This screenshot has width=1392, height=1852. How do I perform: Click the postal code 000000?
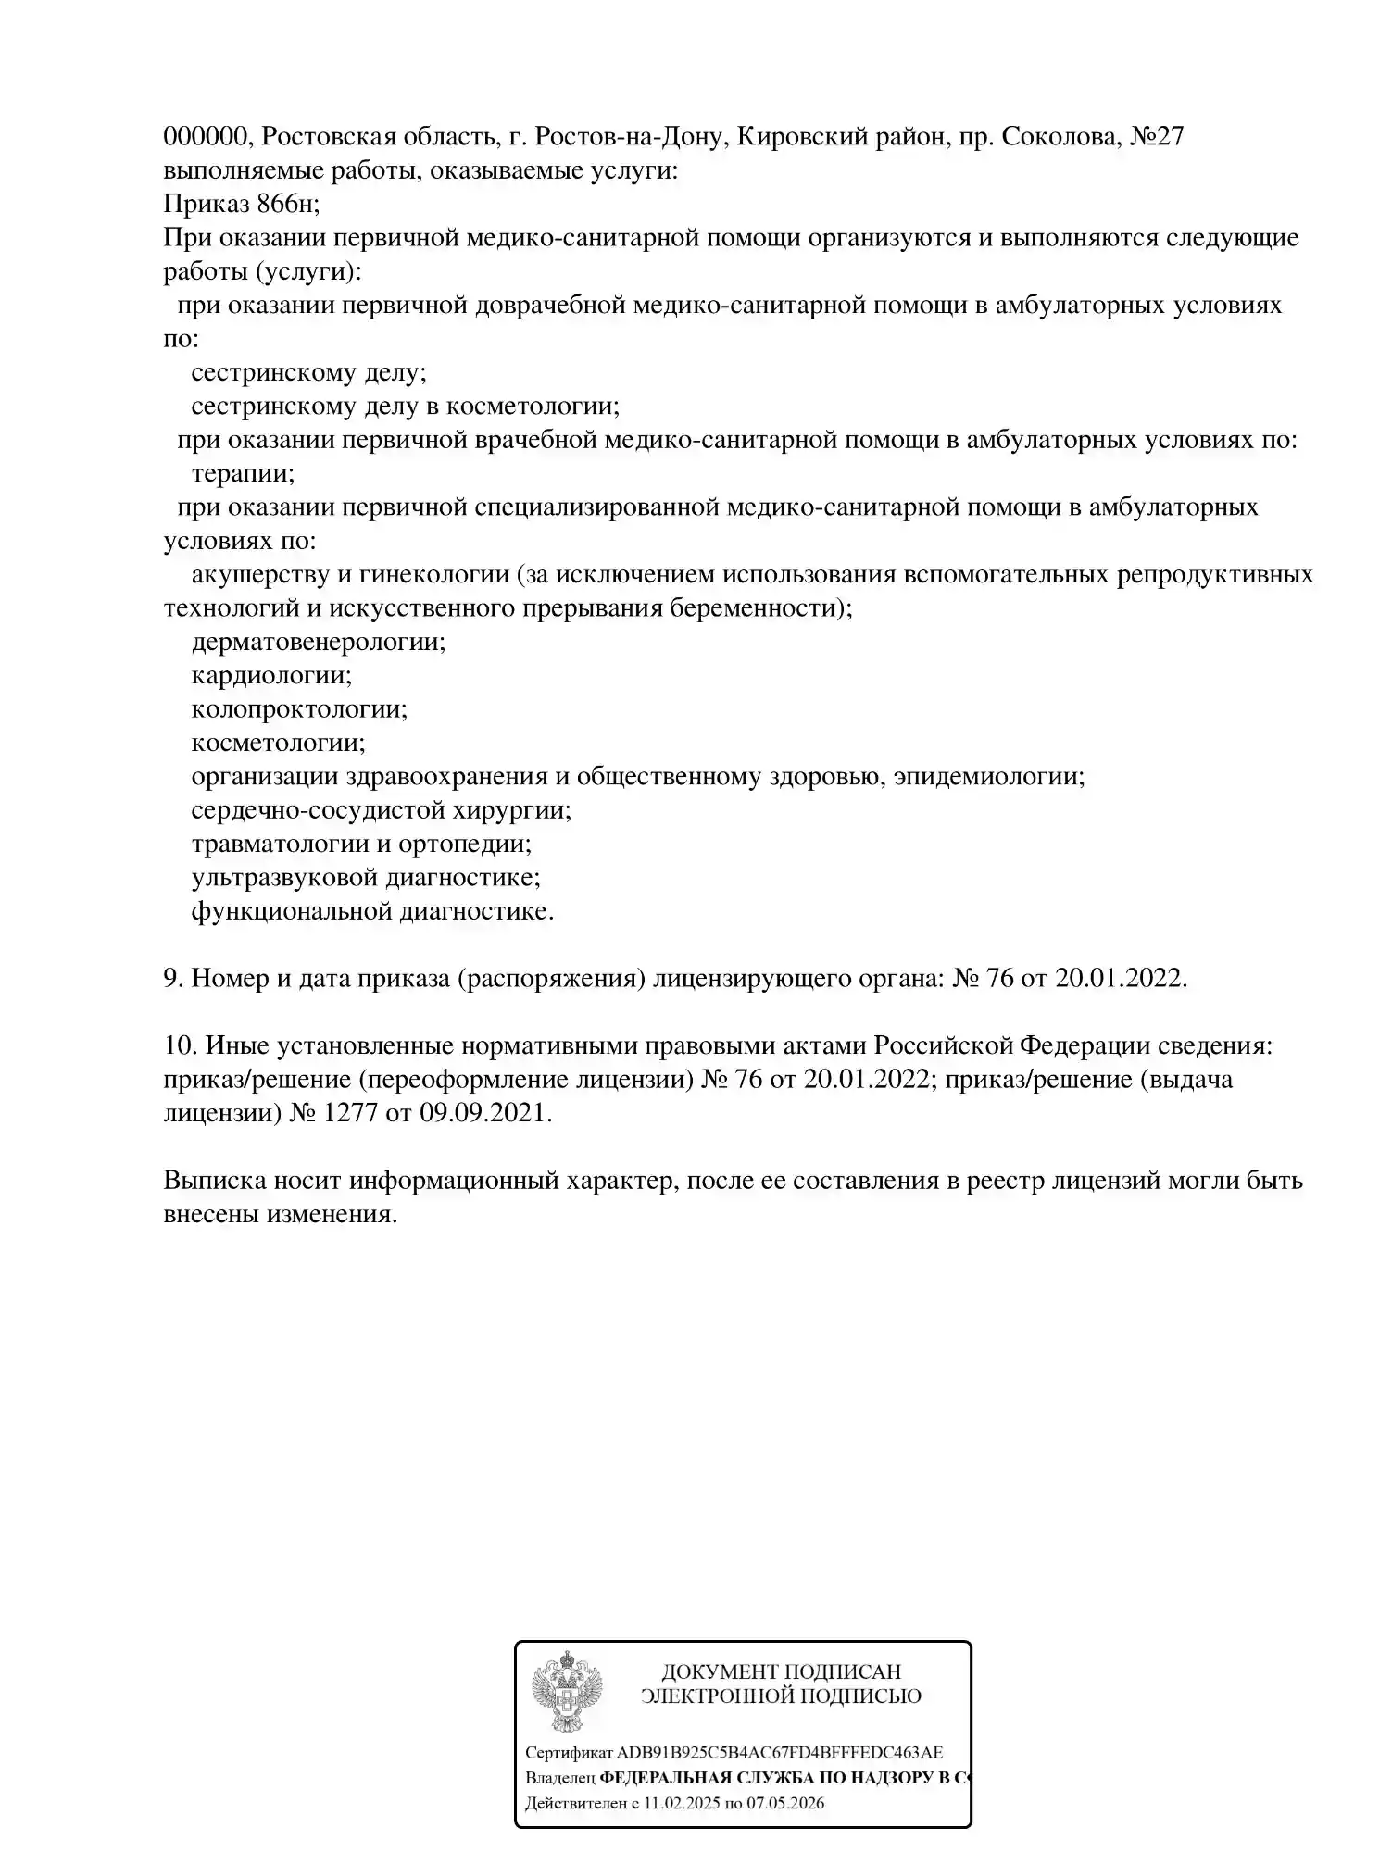(x=205, y=138)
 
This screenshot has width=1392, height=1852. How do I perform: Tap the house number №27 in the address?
(x=1158, y=138)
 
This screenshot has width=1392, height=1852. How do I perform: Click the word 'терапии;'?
(x=243, y=474)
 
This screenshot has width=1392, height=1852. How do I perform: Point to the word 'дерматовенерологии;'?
(x=318, y=642)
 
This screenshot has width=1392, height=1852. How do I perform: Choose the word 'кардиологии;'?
(x=271, y=675)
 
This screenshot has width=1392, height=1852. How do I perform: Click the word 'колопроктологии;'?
(x=299, y=709)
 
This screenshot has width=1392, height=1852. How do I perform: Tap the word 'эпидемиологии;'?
(x=988, y=776)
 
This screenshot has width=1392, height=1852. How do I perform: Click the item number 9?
(x=172, y=979)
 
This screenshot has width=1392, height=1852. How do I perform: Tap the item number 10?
(x=178, y=1046)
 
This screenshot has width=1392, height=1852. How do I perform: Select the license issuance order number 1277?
(x=350, y=1114)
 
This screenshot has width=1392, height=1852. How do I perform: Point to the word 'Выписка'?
(x=215, y=1181)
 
